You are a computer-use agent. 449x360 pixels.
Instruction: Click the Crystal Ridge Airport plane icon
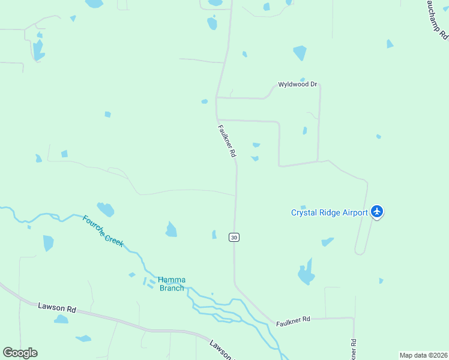click(x=377, y=211)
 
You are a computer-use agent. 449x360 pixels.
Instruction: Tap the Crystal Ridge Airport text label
click(x=330, y=212)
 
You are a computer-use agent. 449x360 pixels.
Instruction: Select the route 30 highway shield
click(x=234, y=237)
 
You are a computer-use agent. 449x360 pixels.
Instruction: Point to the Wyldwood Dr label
click(x=297, y=85)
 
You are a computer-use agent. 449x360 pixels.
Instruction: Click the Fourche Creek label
click(x=103, y=230)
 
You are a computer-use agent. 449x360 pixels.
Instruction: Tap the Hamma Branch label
click(x=172, y=283)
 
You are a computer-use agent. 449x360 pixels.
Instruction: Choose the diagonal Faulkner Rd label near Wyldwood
click(x=227, y=141)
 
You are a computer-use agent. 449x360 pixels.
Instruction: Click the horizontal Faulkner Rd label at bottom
click(x=293, y=321)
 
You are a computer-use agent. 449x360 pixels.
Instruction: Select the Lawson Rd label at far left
click(x=57, y=308)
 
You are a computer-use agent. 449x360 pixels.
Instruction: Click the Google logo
click(x=20, y=353)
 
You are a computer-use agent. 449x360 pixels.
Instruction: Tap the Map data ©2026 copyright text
click(x=423, y=355)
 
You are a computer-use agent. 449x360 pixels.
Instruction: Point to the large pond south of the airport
click(x=306, y=274)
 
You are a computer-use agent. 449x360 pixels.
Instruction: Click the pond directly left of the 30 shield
click(x=214, y=235)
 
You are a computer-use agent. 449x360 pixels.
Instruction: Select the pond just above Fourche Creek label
click(x=106, y=209)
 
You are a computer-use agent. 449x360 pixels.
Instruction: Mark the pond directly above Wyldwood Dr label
click(x=300, y=53)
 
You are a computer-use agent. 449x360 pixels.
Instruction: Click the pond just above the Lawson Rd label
click(x=61, y=319)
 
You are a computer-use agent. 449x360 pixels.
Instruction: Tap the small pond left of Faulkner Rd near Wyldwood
click(x=205, y=101)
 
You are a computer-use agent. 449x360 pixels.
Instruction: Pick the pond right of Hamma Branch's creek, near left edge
click(x=48, y=243)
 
